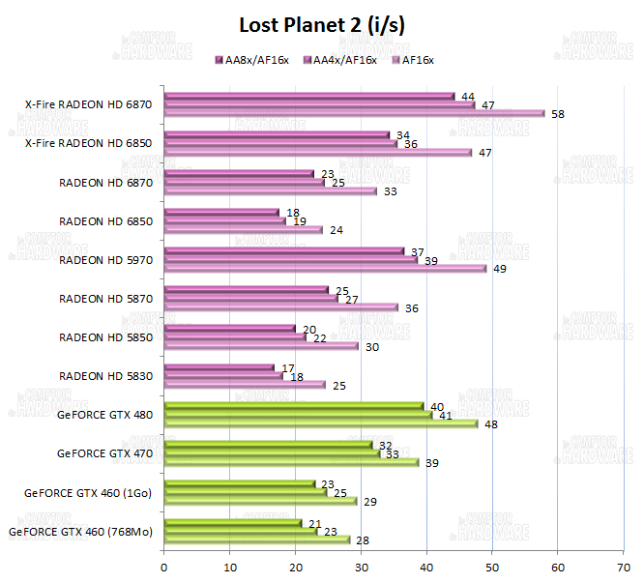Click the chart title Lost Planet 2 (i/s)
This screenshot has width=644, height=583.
pos(322,25)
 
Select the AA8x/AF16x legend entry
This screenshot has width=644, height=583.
pos(256,60)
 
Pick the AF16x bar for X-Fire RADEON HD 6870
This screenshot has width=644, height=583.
pos(355,113)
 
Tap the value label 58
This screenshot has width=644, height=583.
pos(558,114)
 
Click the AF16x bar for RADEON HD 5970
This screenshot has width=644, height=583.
pos(326,269)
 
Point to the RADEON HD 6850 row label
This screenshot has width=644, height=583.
pos(105,220)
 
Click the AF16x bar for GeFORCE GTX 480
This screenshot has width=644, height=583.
pos(322,423)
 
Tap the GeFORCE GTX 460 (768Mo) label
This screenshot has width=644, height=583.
pos(80,531)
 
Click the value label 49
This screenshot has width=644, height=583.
pos(500,269)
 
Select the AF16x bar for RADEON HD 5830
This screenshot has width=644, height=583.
pos(246,385)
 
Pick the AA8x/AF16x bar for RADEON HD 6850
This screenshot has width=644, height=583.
pos(222,212)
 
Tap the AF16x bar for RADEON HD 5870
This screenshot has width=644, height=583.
pos(282,307)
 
